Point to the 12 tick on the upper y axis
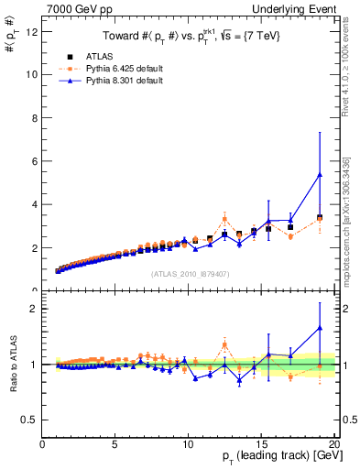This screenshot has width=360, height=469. click(x=32, y=30)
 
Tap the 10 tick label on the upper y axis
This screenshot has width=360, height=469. click(x=32, y=74)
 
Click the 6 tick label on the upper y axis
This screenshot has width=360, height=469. click(x=34, y=161)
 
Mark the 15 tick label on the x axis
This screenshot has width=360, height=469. click(x=261, y=445)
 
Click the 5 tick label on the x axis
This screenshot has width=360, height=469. click(x=115, y=445)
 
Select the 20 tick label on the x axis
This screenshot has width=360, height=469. click(x=334, y=445)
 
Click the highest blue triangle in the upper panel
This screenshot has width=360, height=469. click(x=320, y=174)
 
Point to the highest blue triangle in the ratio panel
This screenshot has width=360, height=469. click(x=320, y=328)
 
